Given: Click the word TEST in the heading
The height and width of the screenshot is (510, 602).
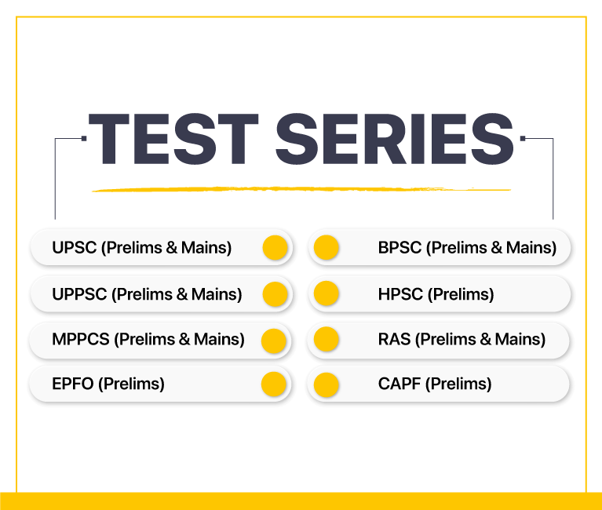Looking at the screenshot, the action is [173, 139].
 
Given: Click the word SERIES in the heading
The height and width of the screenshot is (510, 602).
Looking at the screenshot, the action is [395, 139].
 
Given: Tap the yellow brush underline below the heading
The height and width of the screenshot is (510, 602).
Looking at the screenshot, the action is [301, 189].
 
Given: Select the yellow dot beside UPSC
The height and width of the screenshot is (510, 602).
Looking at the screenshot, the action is [275, 247].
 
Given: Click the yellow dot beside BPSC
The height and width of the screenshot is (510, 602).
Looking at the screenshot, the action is [327, 247].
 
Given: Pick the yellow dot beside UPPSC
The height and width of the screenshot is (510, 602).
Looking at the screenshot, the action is [275, 294].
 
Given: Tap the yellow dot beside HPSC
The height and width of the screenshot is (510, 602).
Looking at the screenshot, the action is [327, 293].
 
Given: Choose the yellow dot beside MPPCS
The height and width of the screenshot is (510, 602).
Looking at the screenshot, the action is [274, 341].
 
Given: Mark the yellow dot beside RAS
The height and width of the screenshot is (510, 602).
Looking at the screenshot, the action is [327, 339].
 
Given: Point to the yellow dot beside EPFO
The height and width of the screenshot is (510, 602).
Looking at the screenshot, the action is [274, 384].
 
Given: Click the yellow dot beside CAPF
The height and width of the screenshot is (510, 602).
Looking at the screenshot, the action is [327, 384].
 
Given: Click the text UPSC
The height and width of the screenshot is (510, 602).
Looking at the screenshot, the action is [74, 247].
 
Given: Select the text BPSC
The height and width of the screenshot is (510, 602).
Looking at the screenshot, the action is [400, 247].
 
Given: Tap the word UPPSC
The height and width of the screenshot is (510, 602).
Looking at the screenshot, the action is [79, 294].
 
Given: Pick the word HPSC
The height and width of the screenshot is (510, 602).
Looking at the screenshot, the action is [400, 294].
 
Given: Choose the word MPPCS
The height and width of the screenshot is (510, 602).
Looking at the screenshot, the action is [81, 339].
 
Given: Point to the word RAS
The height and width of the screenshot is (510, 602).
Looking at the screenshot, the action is [394, 339].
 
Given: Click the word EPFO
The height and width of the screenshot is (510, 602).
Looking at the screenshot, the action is [73, 384].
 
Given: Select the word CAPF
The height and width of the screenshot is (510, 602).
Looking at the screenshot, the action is [400, 384].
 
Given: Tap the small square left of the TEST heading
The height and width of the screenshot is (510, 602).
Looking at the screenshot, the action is [84, 139].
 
